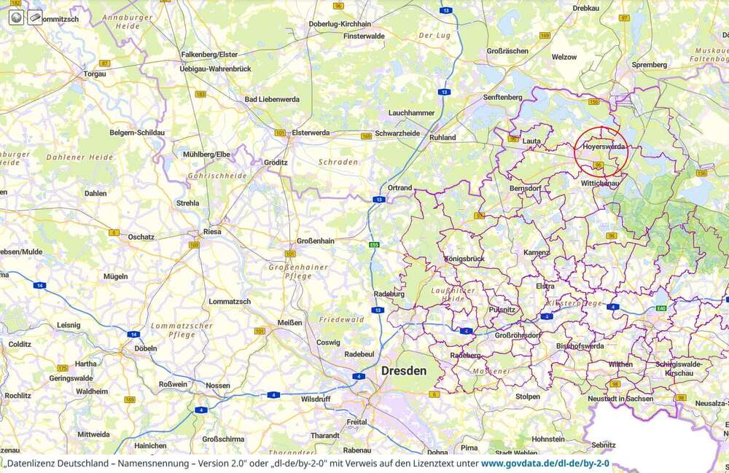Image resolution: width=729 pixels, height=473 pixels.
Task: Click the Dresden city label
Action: pos(404,371)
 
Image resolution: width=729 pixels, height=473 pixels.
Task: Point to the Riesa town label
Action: pos(212,232)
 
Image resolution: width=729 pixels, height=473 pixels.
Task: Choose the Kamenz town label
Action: pos(536,252)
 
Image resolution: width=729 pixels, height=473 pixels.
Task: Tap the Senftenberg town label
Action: pos(502,97)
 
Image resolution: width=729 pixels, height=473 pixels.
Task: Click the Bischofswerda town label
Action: pos(580,346)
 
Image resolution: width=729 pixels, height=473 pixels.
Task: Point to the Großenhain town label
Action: pos(316,242)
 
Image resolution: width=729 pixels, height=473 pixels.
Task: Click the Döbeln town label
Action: pos(146,348)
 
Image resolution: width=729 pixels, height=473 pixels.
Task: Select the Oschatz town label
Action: pos(141,237)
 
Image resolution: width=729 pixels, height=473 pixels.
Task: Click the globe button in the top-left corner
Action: pos(17,17)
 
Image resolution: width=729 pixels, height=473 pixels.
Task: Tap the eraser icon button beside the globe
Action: pos(34,17)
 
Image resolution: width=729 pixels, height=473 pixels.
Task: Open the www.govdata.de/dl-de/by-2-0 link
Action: pos(545,464)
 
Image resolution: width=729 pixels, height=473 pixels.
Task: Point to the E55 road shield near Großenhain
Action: pos(374,245)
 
